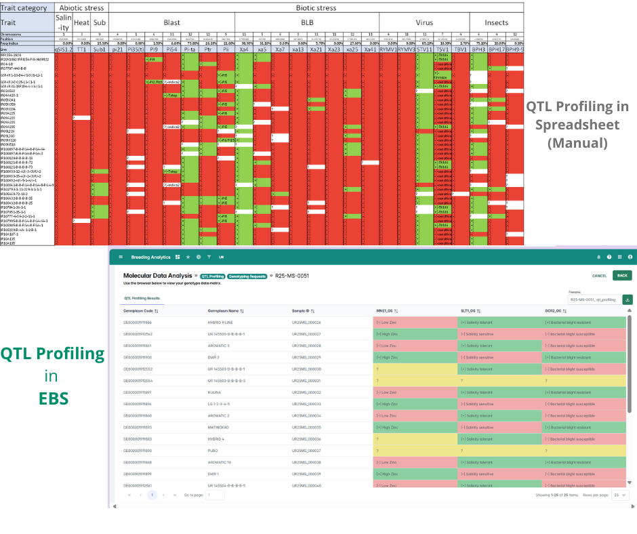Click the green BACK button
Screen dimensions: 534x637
[621, 276]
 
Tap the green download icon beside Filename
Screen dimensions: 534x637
[627, 299]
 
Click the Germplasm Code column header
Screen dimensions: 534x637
[141, 311]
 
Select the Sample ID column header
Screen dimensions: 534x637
[302, 311]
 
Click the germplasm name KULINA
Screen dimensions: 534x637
[215, 392]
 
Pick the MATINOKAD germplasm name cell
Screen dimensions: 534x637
[220, 427]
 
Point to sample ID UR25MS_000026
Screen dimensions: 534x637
[306, 323]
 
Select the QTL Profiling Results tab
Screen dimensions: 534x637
[141, 297]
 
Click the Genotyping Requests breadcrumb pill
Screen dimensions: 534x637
[245, 276]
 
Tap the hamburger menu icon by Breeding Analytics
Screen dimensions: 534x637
[121, 258]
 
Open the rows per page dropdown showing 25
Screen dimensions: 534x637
[620, 495]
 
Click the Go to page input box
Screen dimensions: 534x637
[215, 495]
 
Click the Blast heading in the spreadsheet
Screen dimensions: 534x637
[171, 22]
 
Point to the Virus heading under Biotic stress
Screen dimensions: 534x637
[424, 22]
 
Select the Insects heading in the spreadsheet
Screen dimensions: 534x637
[496, 22]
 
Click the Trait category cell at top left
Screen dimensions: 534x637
[28, 8]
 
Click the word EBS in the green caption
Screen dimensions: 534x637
[52, 398]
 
